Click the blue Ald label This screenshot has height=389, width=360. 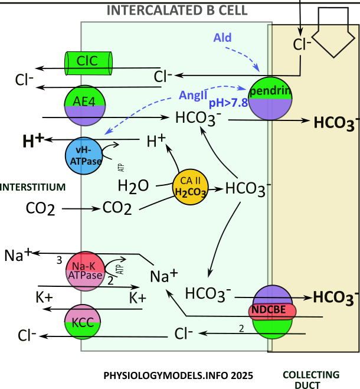pos(223,38)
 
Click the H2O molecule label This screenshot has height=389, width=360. pos(133,186)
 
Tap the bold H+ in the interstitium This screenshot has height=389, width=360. pos(33,140)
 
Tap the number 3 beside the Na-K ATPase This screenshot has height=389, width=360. pos(58,259)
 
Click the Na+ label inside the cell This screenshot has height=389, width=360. pos(163,276)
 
